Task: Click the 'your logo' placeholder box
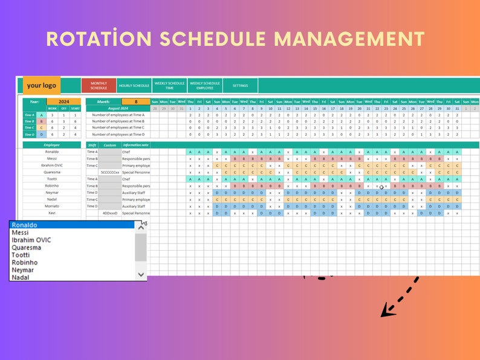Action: [x=42, y=85]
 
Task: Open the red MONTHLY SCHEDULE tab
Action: [x=99, y=86]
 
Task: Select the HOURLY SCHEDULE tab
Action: [x=134, y=86]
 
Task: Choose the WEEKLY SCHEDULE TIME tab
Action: [x=169, y=86]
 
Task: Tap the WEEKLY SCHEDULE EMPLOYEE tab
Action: [x=205, y=86]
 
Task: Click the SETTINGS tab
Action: [x=240, y=86]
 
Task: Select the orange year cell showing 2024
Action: [x=63, y=102]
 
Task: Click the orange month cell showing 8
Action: [x=136, y=102]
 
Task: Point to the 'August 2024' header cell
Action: [x=117, y=108]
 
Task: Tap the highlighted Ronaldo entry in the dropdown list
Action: [x=73, y=225]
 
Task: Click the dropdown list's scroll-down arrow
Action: [x=141, y=274]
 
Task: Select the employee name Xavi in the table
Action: [x=51, y=213]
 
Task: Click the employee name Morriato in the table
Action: [x=51, y=206]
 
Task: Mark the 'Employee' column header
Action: [x=51, y=145]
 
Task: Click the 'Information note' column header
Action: [x=135, y=145]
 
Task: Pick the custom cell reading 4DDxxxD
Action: [x=110, y=213]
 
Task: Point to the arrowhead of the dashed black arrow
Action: [x=385, y=312]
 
